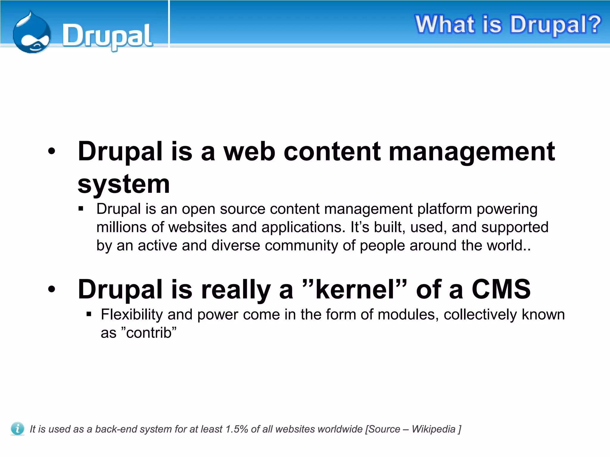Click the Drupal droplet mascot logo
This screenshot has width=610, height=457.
point(32,33)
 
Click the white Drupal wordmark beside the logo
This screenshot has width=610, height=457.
point(107,36)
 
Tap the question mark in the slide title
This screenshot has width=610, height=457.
point(592,24)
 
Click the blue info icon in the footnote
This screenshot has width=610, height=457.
point(17,429)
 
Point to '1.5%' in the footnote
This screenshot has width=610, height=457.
point(237,429)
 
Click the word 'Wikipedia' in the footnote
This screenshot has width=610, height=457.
point(433,429)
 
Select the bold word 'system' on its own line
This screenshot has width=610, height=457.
point(124,184)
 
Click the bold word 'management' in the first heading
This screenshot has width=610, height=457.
point(472,152)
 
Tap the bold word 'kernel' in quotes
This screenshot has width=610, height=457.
point(355,289)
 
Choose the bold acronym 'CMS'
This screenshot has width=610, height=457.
point(501,289)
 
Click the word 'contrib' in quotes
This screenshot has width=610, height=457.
point(149,333)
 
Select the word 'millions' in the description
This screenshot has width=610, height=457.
point(121,227)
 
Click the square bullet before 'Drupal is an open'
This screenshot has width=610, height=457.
point(81,209)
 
